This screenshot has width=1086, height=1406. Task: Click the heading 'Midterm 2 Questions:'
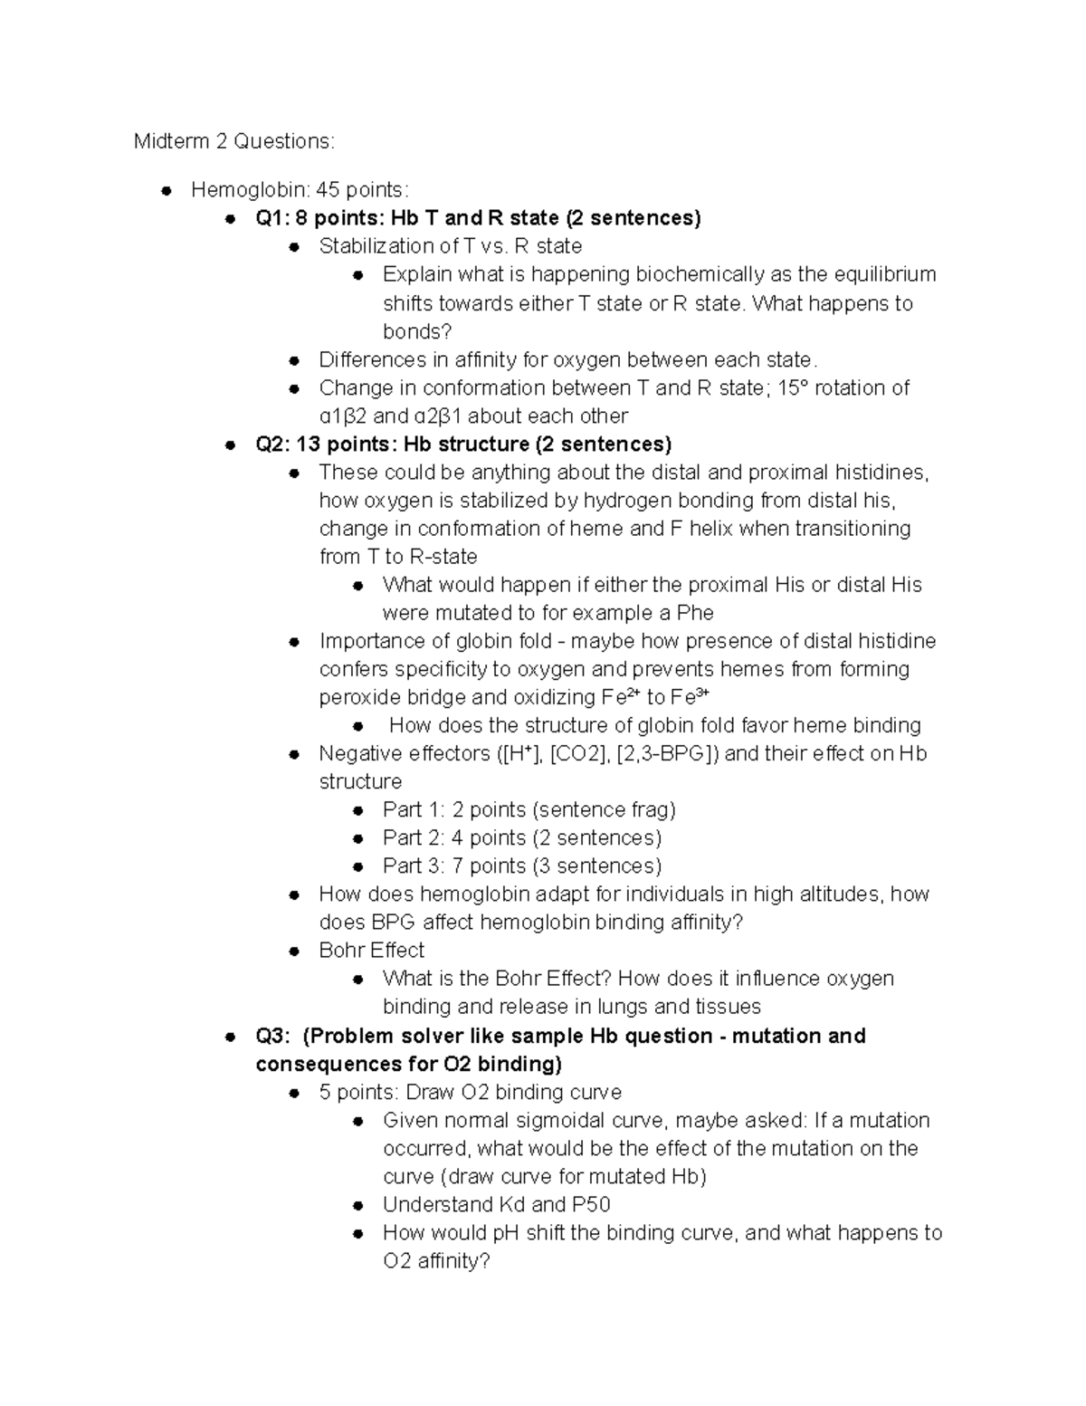click(233, 141)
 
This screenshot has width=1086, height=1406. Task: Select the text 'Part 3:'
click(414, 866)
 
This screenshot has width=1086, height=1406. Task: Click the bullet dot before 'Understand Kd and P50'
click(359, 1206)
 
